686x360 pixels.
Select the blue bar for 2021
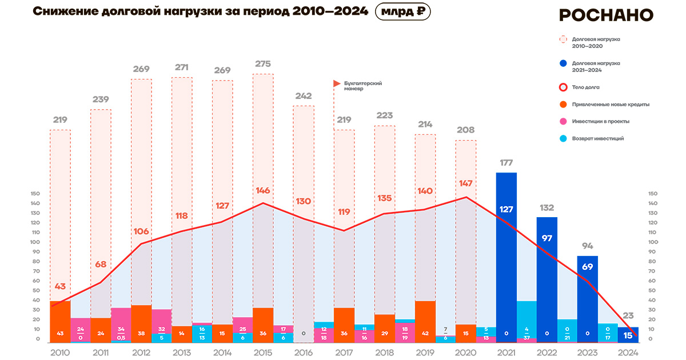(506, 257)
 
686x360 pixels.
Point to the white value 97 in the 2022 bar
(547, 238)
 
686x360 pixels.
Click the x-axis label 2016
(304, 352)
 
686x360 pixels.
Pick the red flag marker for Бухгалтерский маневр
(337, 84)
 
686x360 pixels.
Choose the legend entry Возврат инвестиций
(597, 138)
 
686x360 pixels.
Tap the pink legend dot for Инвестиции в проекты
(563, 121)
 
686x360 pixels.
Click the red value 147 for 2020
(465, 184)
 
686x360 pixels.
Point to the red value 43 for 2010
(60, 286)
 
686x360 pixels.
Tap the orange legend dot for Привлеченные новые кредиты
(563, 104)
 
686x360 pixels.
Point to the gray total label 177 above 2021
(506, 163)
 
